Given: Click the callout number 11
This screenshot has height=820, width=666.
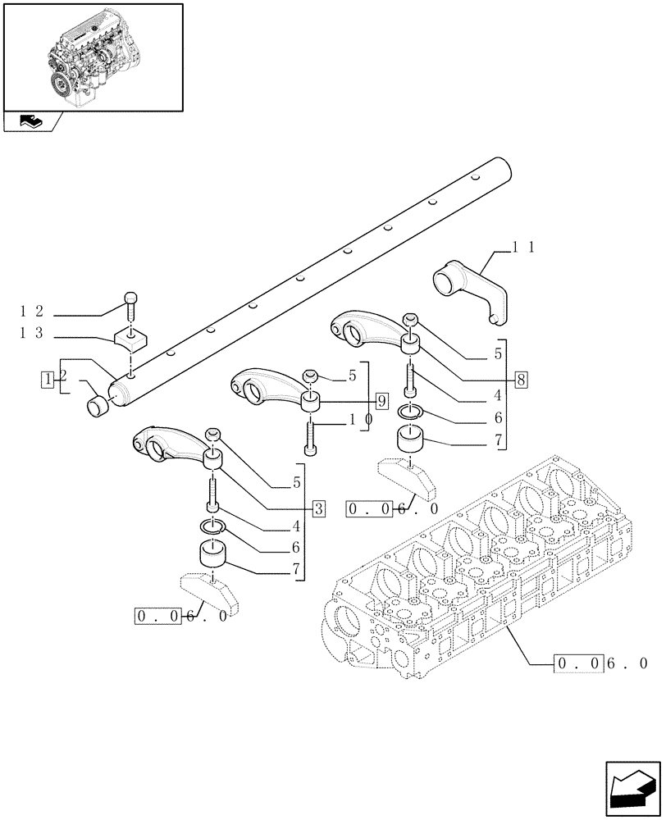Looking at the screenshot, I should coord(523,246).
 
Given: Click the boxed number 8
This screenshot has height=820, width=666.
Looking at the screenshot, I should coord(522,379).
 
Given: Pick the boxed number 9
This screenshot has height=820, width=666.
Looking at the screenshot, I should coord(381,401).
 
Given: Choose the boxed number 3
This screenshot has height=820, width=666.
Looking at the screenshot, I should coord(318,508).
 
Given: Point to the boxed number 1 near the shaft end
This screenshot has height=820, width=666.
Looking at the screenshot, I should coord(50,378).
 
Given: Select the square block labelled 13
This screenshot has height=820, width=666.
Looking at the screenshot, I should coord(130,337).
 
